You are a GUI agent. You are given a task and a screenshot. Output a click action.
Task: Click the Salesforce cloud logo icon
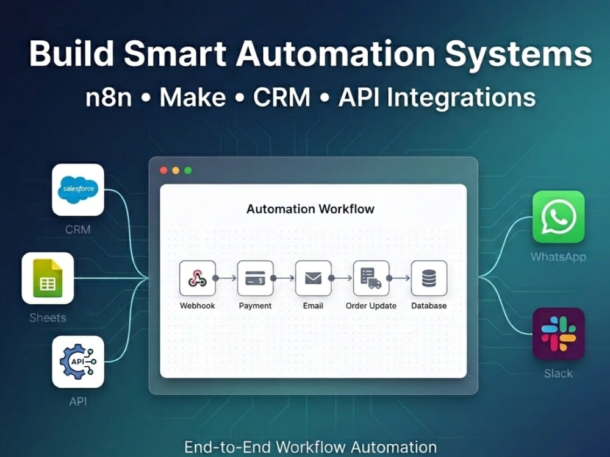pos(78,190)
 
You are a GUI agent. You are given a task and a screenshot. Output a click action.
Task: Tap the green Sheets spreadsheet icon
pos(48,278)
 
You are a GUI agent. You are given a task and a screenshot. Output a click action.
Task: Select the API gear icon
pos(78,362)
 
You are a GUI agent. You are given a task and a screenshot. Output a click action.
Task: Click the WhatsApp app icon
pos(558,217)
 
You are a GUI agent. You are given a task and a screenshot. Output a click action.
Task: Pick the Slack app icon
pos(558,334)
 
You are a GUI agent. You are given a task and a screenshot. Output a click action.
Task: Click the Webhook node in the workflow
pos(197,278)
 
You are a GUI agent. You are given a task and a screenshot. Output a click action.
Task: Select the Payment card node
pos(255,278)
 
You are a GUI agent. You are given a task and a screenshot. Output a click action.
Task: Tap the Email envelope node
pos(313,278)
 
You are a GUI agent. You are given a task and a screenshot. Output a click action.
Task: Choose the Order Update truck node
pos(371,278)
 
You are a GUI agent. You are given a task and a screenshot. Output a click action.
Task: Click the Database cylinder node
pos(429,278)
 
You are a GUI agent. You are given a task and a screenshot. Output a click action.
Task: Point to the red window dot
pos(163,171)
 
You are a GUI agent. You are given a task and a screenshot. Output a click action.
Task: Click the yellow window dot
pos(176,171)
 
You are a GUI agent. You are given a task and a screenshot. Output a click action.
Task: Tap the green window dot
pos(188,171)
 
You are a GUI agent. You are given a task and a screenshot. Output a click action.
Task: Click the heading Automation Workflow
pos(310,209)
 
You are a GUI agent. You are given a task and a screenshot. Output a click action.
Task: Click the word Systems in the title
pos(518,54)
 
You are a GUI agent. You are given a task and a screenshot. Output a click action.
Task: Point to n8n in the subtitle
pos(109,97)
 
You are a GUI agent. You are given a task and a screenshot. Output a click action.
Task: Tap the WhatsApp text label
pos(558,257)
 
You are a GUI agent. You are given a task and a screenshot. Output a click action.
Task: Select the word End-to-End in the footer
pos(228,447)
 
